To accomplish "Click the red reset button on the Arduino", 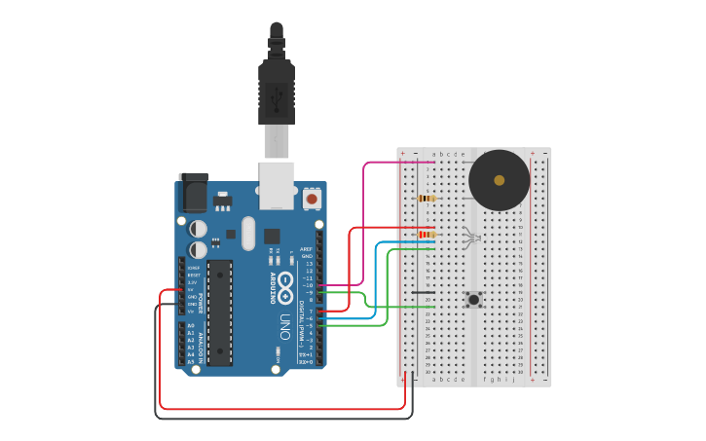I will (312, 199).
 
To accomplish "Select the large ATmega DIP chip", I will (219, 312).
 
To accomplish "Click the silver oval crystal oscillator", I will (247, 233).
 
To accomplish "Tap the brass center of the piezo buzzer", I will (500, 180).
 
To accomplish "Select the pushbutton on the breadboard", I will (474, 299).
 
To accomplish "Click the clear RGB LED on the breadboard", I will (471, 237).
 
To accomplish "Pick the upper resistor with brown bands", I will (427, 199).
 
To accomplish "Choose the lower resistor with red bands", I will (427, 235).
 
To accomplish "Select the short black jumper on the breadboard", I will (423, 291).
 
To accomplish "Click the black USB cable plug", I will (276, 92).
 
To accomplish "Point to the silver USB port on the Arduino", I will (277, 184).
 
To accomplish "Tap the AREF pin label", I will (308, 249).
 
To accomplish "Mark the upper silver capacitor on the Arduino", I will (198, 228).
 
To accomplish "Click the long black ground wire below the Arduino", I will (282, 418).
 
